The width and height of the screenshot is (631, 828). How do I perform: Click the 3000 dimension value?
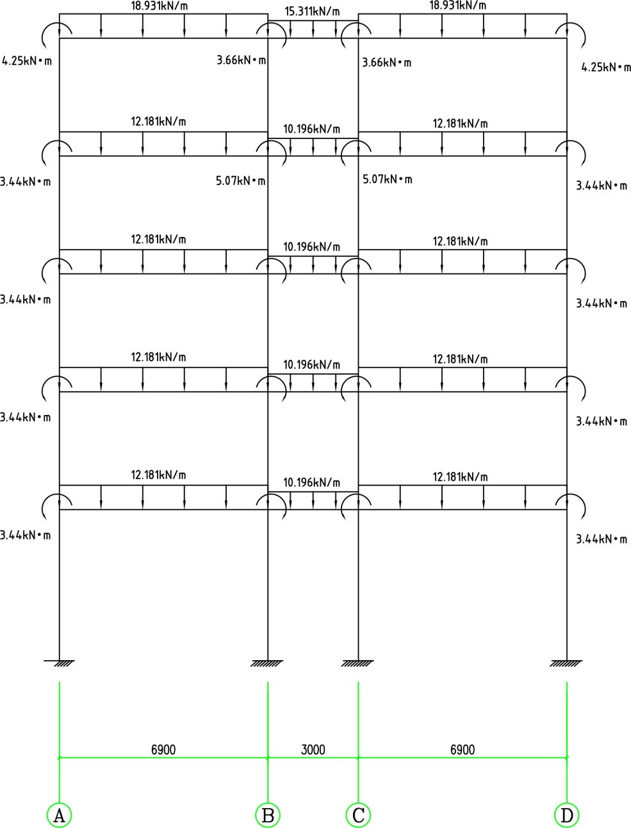[x=313, y=749]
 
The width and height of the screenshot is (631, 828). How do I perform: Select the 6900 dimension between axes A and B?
[x=163, y=749]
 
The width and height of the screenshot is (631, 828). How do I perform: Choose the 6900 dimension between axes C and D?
[x=463, y=749]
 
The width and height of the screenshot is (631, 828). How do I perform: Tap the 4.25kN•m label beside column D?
[x=605, y=67]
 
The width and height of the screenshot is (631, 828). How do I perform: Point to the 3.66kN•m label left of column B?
[x=241, y=60]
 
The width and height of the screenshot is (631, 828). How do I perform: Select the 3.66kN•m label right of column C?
[x=386, y=63]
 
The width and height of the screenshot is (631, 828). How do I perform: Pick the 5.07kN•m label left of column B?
[x=241, y=181]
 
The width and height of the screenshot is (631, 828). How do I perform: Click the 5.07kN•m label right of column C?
[x=387, y=179]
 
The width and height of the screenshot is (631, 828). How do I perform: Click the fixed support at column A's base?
[x=60, y=662]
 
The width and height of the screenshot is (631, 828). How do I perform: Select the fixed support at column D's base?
[x=567, y=662]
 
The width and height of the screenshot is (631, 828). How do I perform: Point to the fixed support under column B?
[x=268, y=662]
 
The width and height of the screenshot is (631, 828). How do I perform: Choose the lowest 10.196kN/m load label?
[x=312, y=482]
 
